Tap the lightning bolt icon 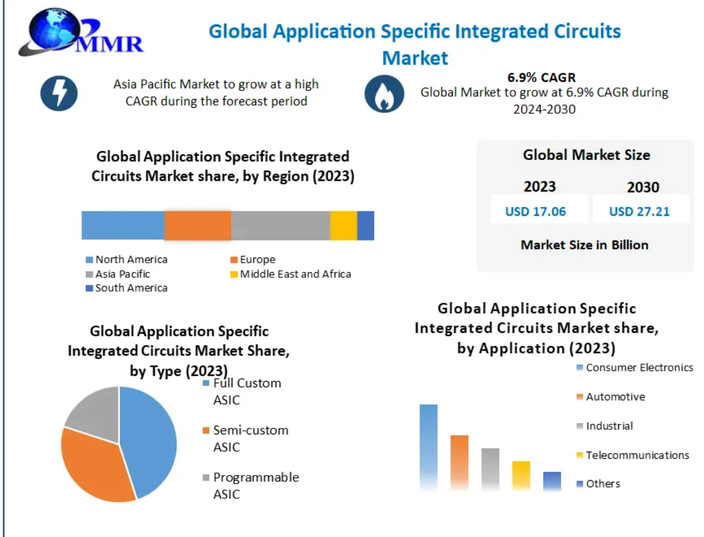click(x=59, y=93)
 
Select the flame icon click(x=384, y=93)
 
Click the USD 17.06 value click(x=535, y=211)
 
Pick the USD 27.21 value click(x=639, y=211)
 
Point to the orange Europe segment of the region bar click(x=198, y=225)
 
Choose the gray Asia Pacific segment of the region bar click(x=281, y=225)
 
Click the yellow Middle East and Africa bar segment click(x=343, y=225)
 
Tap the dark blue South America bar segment click(x=365, y=225)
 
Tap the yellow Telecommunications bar click(x=521, y=476)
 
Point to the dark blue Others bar click(x=552, y=481)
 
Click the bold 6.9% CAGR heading click(x=541, y=78)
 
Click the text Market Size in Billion click(x=585, y=245)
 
